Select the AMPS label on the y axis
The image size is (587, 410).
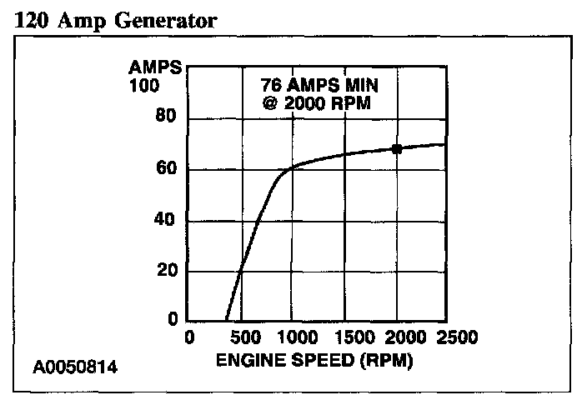point(156,67)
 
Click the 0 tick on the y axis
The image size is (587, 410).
point(172,320)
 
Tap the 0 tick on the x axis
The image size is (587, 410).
point(190,337)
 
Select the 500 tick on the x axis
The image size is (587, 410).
point(242,337)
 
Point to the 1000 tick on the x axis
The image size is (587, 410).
point(293,337)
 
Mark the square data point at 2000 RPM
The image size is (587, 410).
point(397,149)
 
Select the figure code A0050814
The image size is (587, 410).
point(76,367)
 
